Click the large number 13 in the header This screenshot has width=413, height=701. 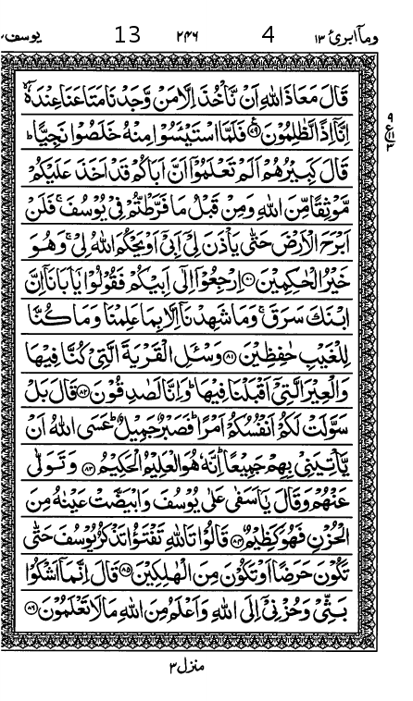[x=128, y=36]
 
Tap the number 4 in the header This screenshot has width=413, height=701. [x=269, y=36]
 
